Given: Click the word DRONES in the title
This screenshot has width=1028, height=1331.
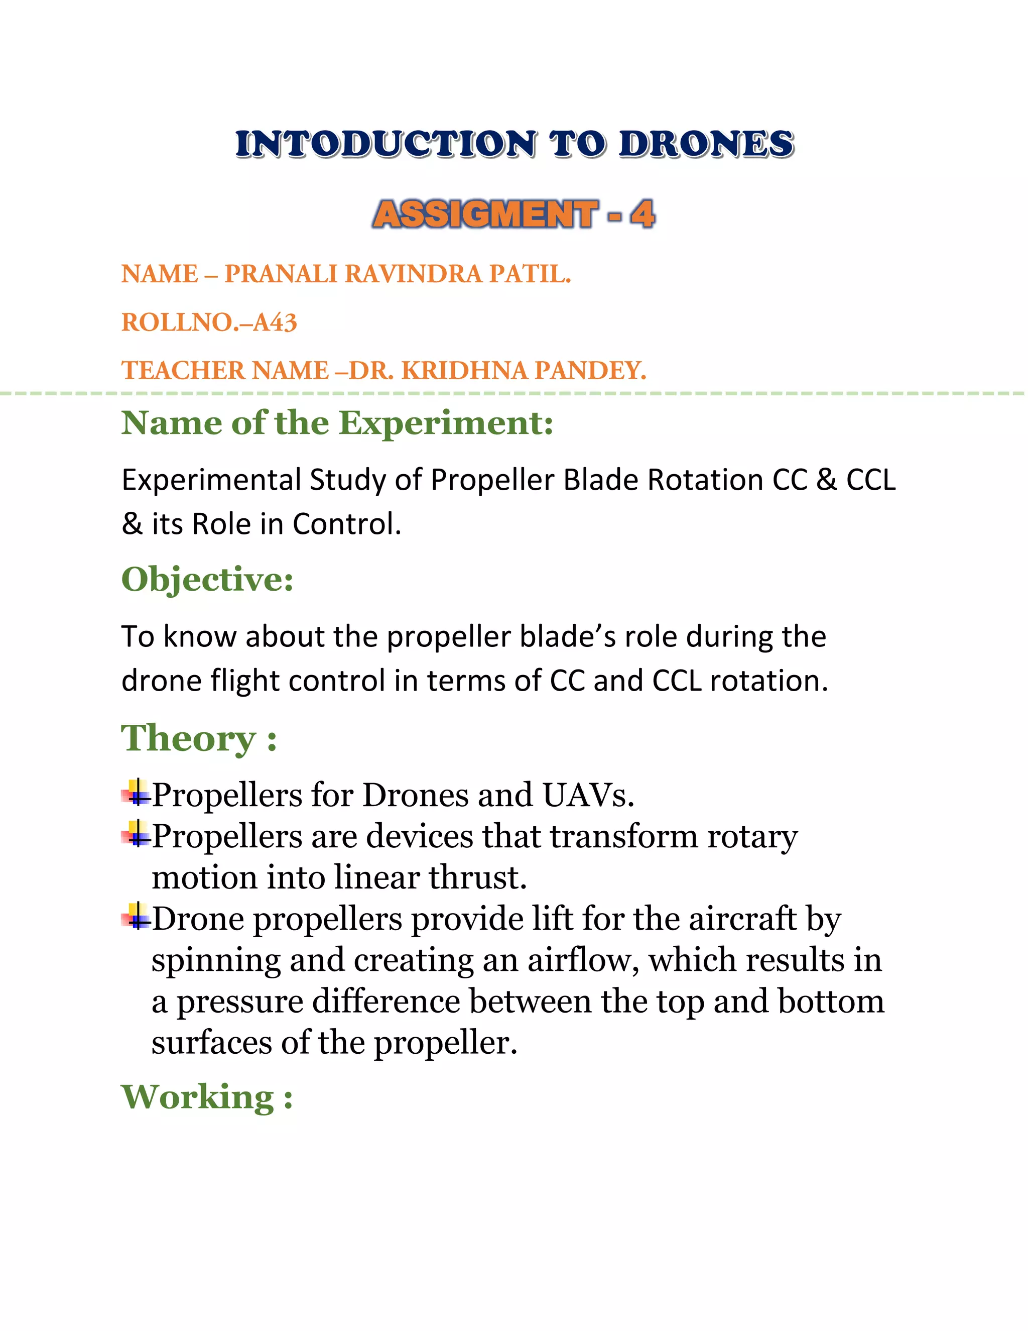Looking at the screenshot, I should click(706, 145).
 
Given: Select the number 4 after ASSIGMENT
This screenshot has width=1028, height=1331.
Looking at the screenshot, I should click(642, 214).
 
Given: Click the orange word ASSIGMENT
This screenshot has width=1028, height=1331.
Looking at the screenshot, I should click(485, 214).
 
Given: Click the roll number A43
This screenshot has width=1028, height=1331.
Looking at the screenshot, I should click(275, 322).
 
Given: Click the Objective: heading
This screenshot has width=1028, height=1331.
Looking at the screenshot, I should click(208, 579).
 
